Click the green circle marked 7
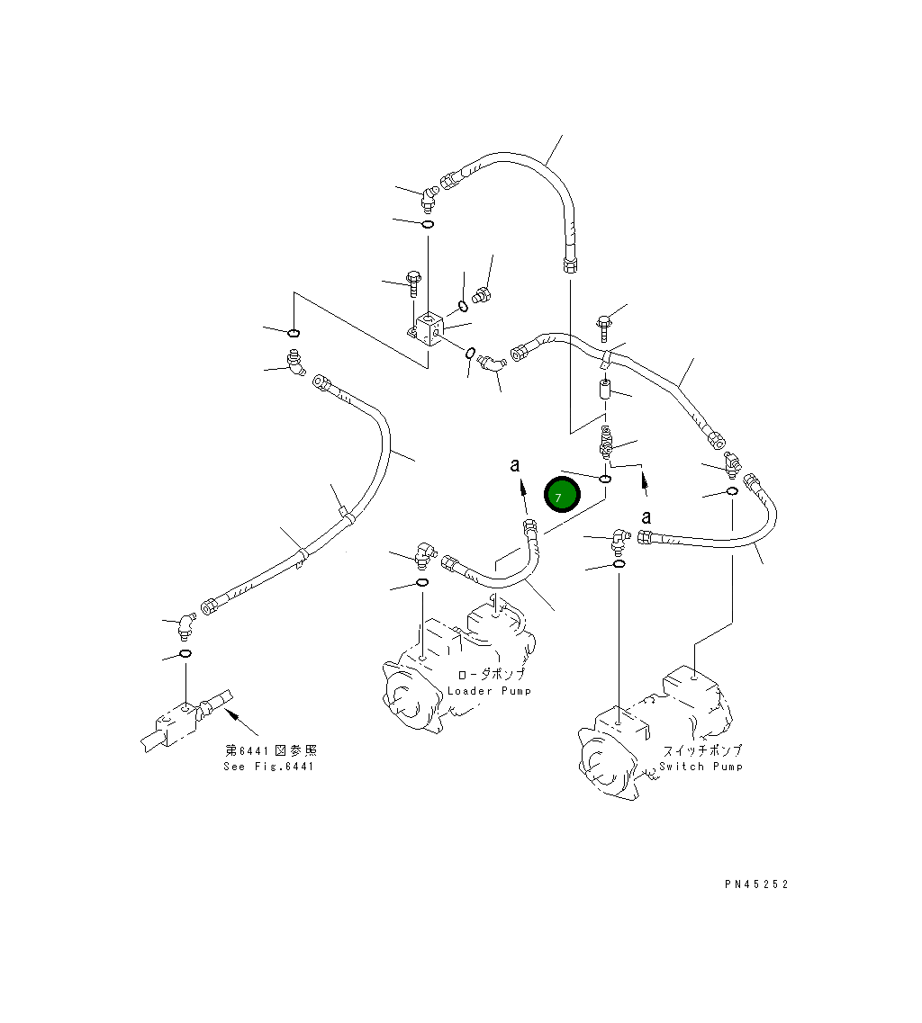tap(562, 496)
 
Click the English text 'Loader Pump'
tap(489, 691)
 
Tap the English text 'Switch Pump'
tap(701, 767)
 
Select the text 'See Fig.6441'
tap(269, 767)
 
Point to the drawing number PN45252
tap(755, 884)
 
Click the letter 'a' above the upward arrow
tap(515, 465)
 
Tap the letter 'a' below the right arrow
tap(646, 516)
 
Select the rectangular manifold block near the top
tap(428, 328)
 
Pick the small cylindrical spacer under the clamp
tap(606, 391)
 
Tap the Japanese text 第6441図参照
tap(270, 750)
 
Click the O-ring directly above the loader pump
tap(421, 584)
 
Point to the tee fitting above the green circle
tap(606, 442)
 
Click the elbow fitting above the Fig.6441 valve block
tap(185, 622)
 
